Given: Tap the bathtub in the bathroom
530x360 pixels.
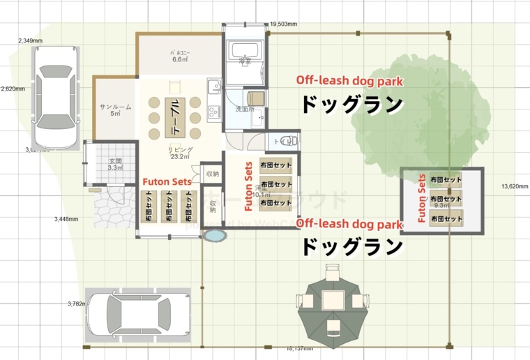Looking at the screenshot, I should point(244,51).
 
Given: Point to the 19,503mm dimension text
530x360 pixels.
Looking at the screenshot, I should point(283,24).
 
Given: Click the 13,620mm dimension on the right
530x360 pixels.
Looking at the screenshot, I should point(515,186).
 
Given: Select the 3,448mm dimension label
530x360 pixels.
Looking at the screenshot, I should point(66,219).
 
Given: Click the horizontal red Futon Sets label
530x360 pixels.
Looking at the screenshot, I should point(167,181).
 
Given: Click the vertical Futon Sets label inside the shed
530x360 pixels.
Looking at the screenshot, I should point(421,199).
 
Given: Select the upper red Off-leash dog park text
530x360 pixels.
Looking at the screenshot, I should point(349,81).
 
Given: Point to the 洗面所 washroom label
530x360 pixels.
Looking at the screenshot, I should point(245,110).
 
